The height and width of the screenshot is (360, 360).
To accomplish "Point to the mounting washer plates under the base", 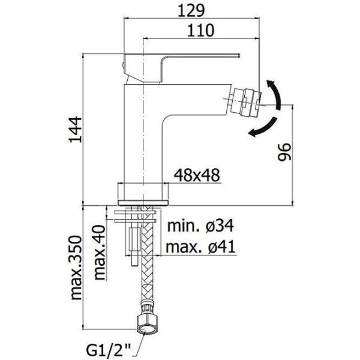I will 134,212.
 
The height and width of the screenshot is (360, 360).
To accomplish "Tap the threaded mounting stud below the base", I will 133,240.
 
